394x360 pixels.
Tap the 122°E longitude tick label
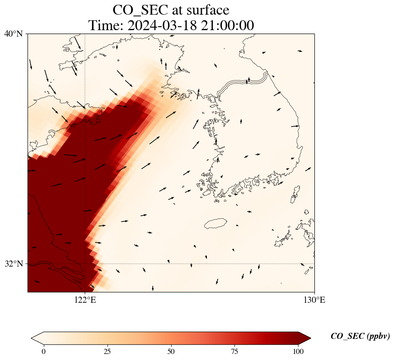(85, 300)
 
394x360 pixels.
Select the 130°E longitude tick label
(314, 300)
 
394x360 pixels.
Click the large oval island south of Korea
(215, 223)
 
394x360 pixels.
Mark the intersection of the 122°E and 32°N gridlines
(85, 264)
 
